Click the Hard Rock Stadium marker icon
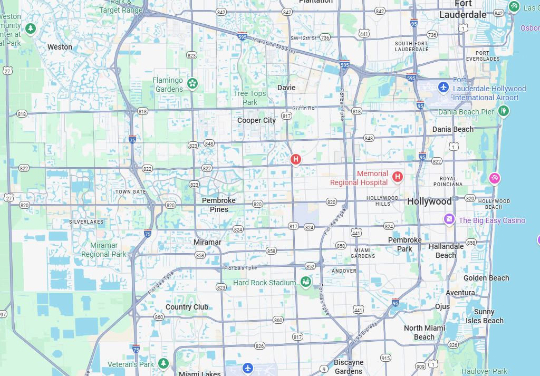pos(305,282)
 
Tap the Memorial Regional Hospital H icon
pos(398,177)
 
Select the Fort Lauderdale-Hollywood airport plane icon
pos(443,86)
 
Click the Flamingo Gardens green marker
pos(192,83)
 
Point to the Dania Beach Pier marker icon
pos(504,111)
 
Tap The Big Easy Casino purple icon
pos(449,219)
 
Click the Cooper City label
pos(256,120)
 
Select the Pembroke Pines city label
pos(219,205)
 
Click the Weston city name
pos(60,47)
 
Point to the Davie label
pos(286,88)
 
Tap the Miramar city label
pos(207,242)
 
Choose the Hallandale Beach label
pos(446,250)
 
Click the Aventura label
pos(460,293)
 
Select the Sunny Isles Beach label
pos(484,316)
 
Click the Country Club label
pos(187,307)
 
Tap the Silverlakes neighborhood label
pos(86,222)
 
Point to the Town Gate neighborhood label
pos(131,192)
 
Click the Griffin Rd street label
pos(303,108)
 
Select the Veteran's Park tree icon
pos(163,363)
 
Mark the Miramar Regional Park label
pos(104,249)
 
